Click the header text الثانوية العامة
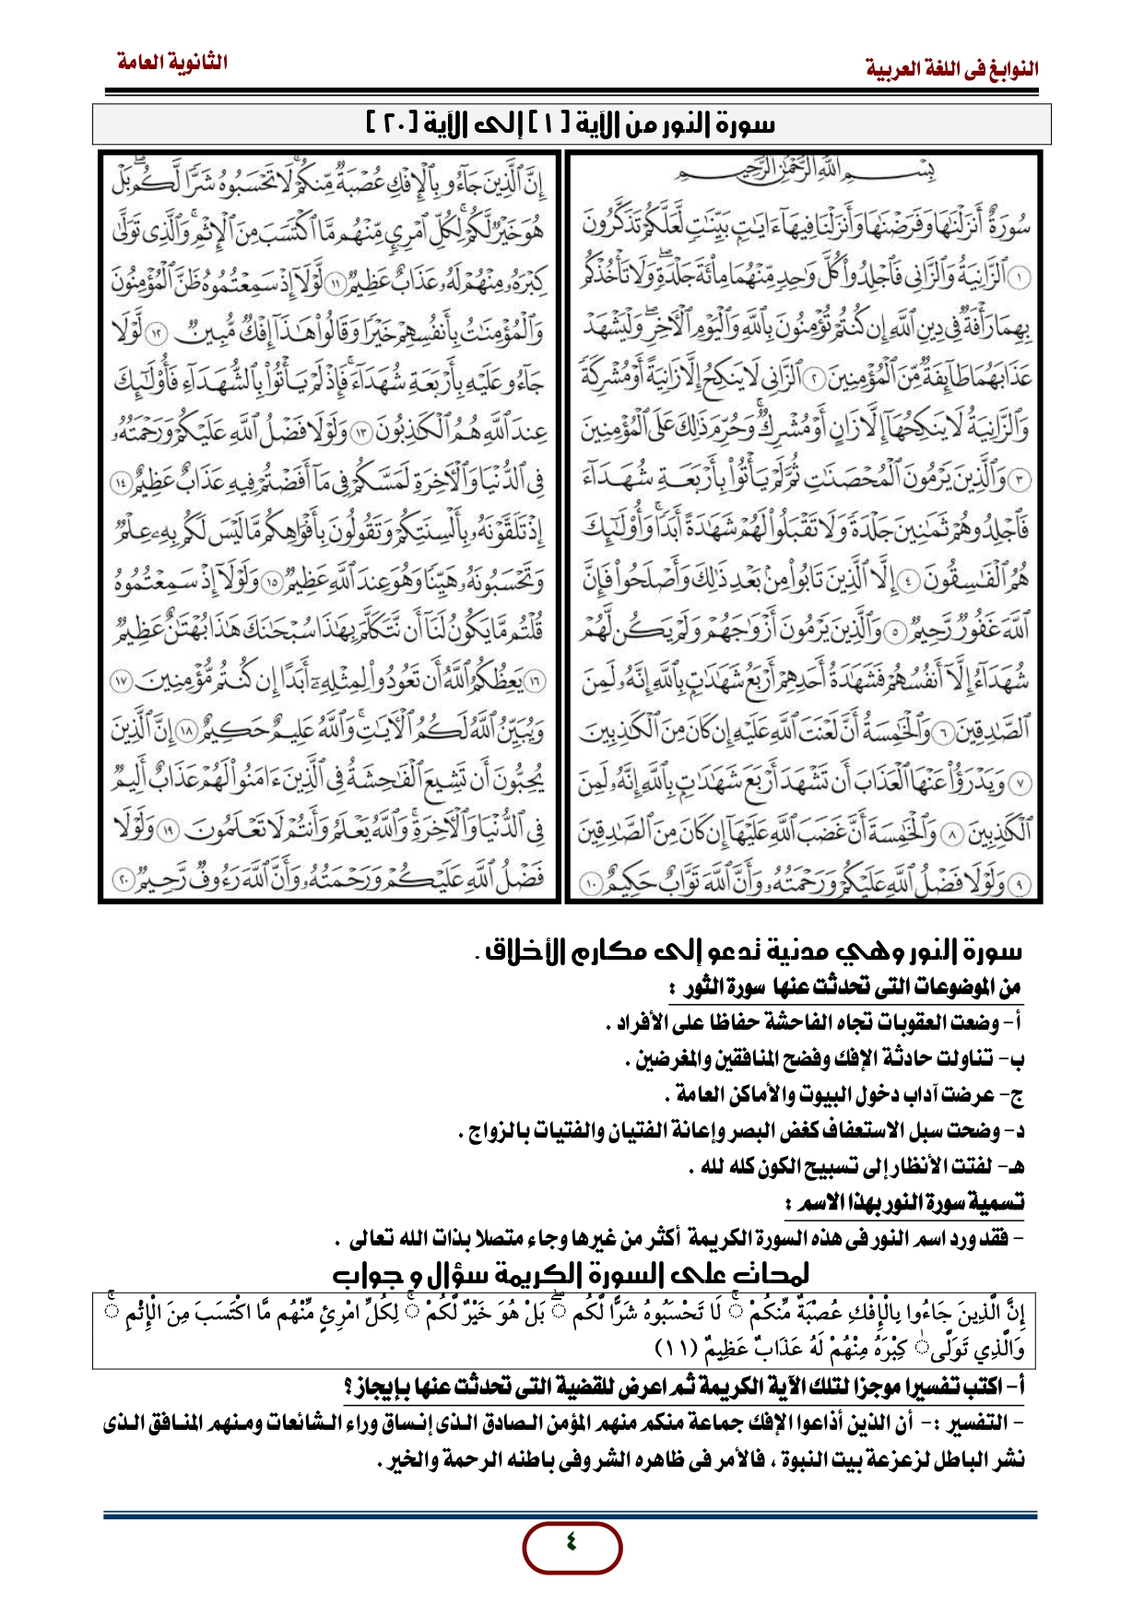pos(172,63)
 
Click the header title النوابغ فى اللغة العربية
pos(952,69)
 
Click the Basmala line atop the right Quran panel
pos(802,172)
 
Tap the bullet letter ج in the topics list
pos(1016,1095)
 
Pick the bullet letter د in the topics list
pos(1017,1130)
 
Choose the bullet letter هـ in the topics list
pos(1014,1167)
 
